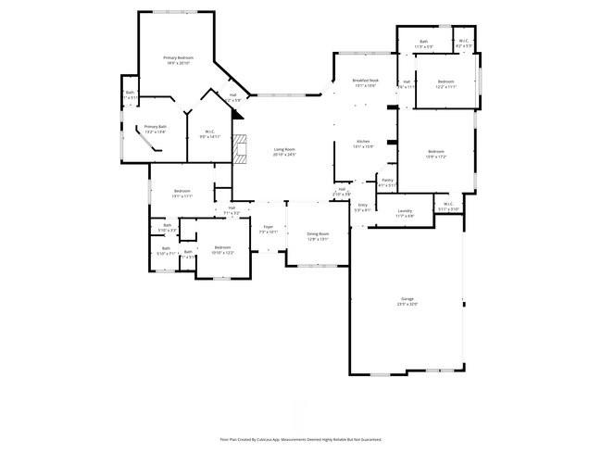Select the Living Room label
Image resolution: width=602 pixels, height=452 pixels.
[x=283, y=151]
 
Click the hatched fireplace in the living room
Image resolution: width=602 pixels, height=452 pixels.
[x=241, y=148]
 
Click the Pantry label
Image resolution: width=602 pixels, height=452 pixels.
[x=387, y=182]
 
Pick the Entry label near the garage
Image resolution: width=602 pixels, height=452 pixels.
[x=362, y=207]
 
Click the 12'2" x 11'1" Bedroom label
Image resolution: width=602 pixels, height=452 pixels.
[x=446, y=83]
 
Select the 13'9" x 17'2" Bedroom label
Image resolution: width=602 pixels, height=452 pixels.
[x=435, y=154]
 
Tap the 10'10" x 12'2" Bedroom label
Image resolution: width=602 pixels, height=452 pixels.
[x=222, y=249]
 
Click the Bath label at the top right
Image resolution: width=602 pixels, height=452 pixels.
[x=424, y=43]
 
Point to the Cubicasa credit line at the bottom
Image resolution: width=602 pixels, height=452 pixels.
[x=300, y=439]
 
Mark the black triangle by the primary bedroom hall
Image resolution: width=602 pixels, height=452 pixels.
[x=238, y=115]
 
